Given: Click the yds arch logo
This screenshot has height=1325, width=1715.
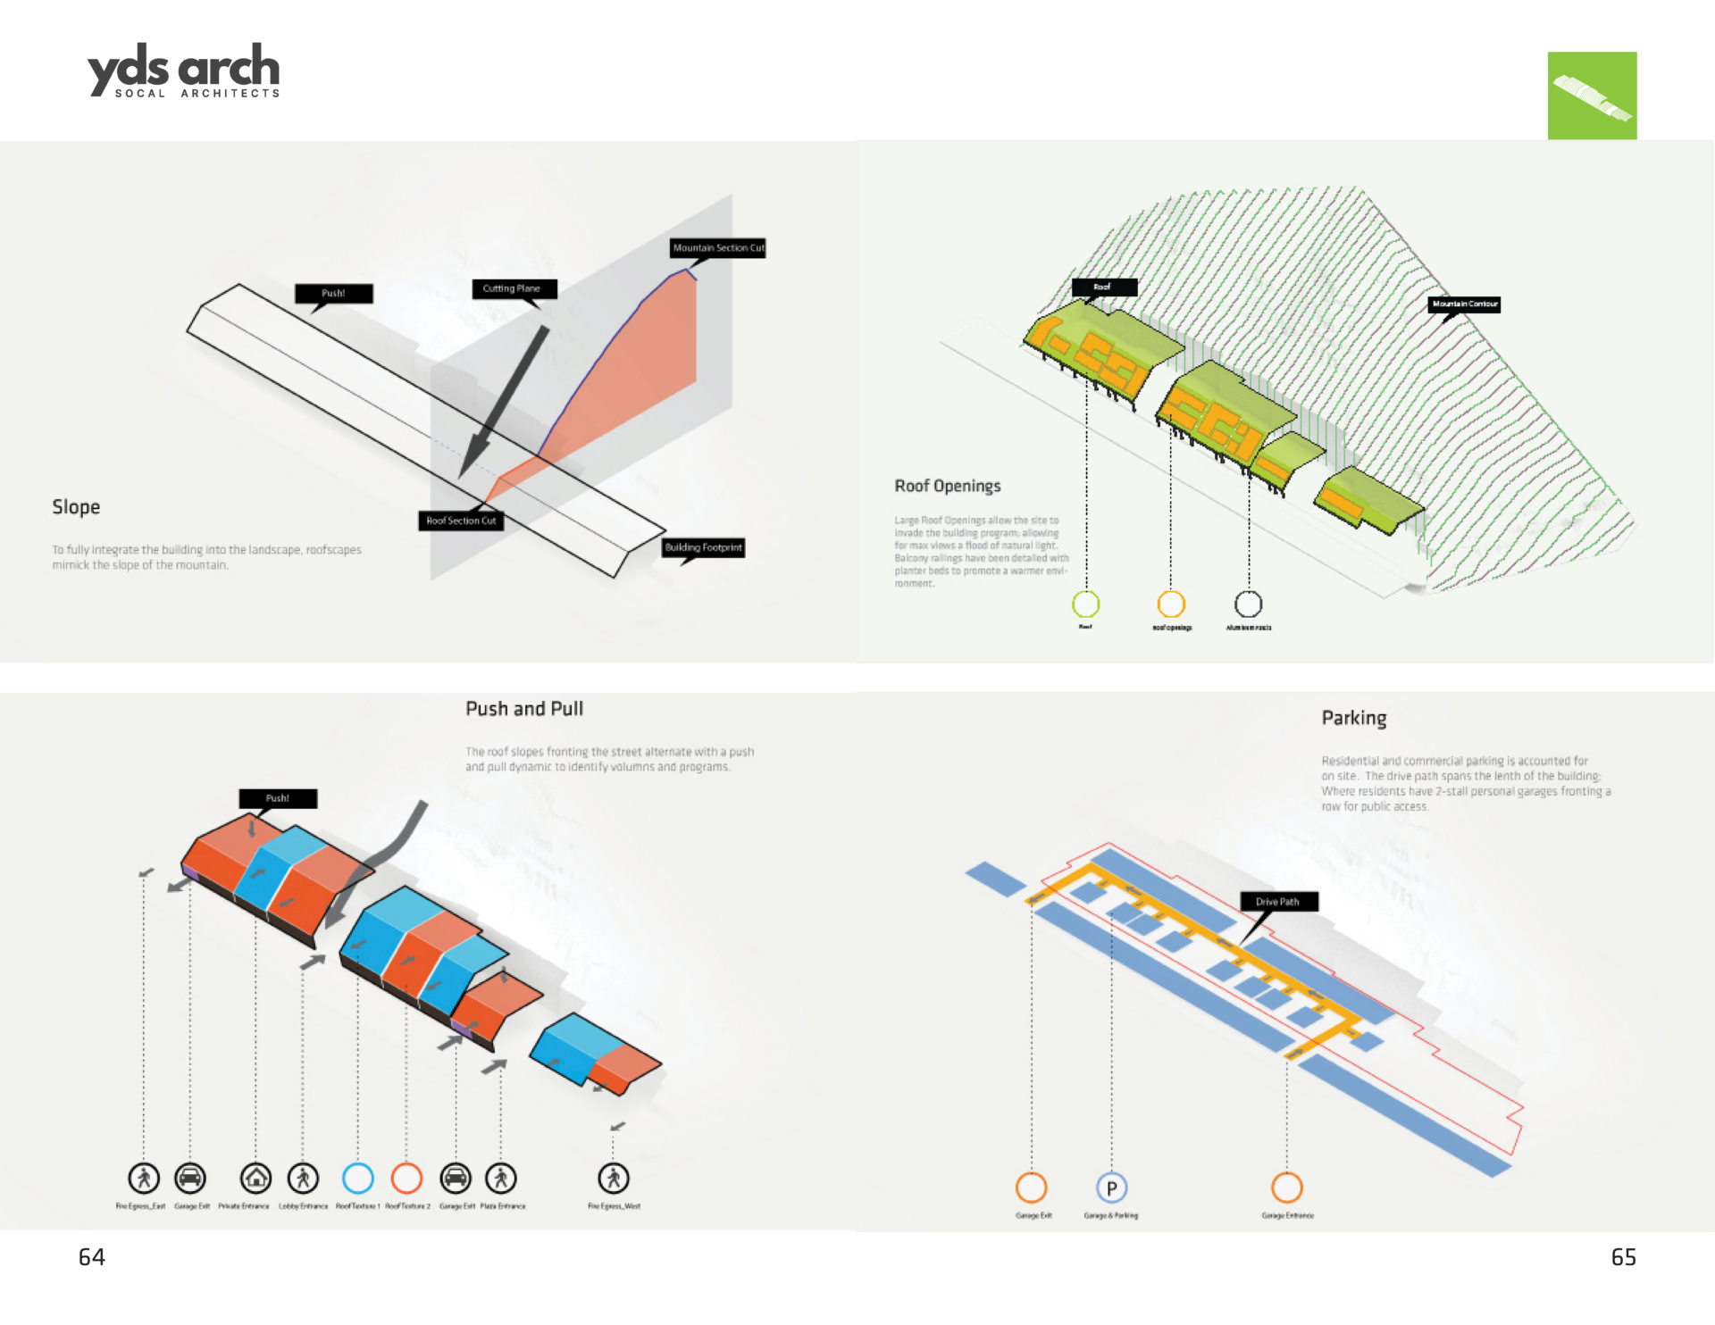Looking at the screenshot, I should [184, 71].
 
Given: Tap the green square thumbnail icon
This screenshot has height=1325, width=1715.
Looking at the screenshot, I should [1592, 96].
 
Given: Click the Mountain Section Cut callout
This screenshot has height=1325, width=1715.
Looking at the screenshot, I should [718, 248].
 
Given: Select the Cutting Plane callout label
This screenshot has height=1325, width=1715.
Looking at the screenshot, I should [512, 288].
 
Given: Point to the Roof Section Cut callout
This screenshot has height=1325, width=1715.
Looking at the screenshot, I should [461, 521].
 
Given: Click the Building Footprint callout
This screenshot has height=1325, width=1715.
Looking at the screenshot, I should [703, 547].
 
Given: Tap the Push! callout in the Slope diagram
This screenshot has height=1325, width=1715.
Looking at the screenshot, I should [333, 293].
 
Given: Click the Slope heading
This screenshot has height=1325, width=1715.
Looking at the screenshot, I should [76, 507].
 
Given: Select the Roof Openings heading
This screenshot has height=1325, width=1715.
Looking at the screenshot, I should [948, 486].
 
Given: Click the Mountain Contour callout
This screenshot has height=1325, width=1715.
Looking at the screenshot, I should [1465, 304].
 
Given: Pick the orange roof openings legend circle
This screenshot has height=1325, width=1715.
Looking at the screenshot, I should [1171, 604].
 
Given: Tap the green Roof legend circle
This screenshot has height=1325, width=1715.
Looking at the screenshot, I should [1085, 604].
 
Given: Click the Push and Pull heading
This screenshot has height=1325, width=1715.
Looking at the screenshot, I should [524, 709].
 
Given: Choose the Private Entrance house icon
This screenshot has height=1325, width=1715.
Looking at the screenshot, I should [255, 1178].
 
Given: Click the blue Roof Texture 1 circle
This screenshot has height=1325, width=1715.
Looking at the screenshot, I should [358, 1178].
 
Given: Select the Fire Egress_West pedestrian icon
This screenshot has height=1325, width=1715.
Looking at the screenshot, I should [614, 1178].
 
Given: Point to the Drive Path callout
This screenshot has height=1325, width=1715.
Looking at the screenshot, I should [1277, 902].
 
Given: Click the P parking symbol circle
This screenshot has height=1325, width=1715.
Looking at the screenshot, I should [1111, 1188].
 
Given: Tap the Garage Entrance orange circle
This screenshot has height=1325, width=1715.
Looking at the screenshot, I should [1286, 1187].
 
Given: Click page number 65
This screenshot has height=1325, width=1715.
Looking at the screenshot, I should [1623, 1257].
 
